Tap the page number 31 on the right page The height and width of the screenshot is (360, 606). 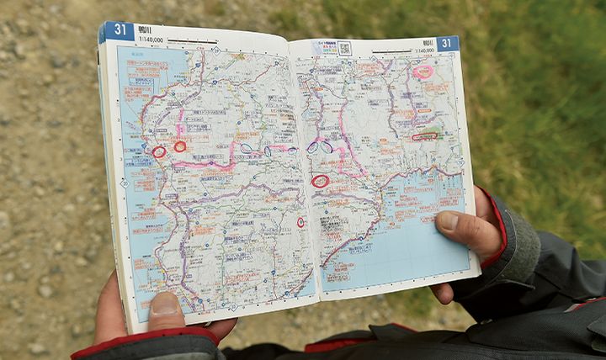tap(446, 43)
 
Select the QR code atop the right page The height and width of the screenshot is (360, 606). tap(344, 48)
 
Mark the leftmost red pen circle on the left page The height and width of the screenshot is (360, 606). tap(158, 152)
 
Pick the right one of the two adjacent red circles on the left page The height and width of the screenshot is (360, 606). tap(179, 146)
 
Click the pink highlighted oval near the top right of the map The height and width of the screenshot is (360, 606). tap(423, 71)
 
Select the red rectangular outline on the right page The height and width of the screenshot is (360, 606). tap(424, 135)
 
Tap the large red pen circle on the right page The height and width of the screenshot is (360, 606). tap(321, 181)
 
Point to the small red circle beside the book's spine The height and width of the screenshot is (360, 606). tap(300, 222)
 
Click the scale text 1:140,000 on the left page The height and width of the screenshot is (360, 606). tap(151, 39)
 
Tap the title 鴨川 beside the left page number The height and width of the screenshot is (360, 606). tap(144, 29)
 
